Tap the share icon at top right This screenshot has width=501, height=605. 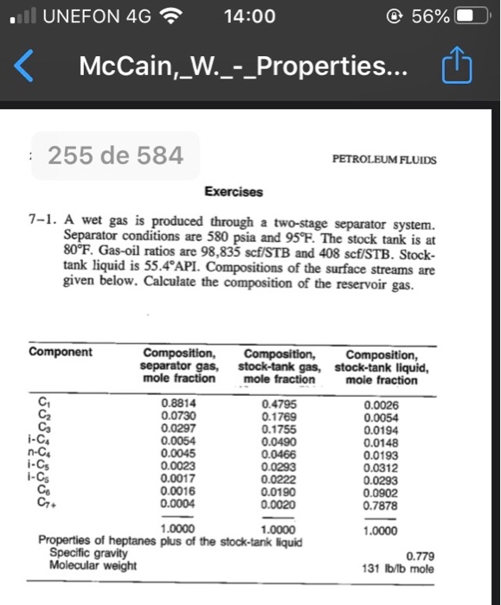[x=459, y=67]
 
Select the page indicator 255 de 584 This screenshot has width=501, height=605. [x=115, y=156]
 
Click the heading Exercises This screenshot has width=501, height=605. [x=234, y=191]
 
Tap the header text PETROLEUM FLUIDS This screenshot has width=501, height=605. [x=385, y=161]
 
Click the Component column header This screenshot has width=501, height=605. [x=60, y=353]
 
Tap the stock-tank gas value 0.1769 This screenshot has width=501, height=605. [x=277, y=415]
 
